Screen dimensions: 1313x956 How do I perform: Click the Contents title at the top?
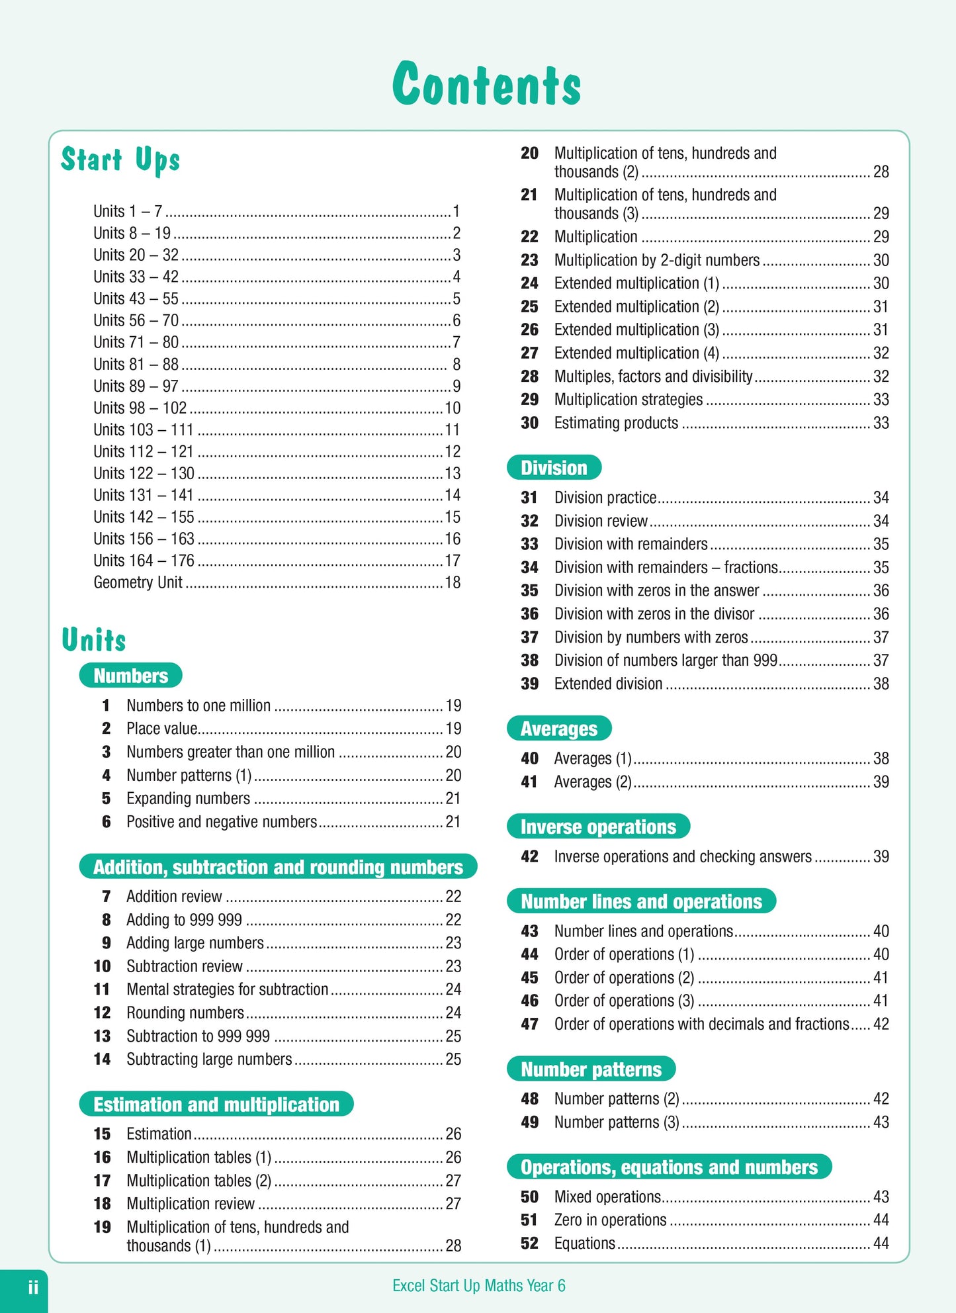tap(486, 84)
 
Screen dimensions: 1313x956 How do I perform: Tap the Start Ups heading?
tap(120, 160)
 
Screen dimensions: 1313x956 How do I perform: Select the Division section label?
tap(554, 468)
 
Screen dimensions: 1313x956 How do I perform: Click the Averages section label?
tap(559, 729)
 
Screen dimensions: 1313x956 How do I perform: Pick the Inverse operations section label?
tap(598, 827)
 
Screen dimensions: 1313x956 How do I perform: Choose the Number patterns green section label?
tap(591, 1069)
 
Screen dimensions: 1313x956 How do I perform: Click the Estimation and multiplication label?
tap(216, 1104)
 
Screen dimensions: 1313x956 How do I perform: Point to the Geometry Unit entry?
tap(138, 582)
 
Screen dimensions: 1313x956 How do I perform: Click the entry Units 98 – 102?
tap(140, 408)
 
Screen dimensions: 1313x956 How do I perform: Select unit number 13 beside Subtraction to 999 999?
tap(102, 1036)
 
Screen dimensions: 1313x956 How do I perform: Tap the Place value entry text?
tap(162, 729)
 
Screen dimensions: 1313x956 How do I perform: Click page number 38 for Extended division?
tap(881, 684)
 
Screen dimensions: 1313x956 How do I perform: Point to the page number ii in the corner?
tap(33, 1287)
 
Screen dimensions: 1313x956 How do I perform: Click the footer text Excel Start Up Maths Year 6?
tap(479, 1286)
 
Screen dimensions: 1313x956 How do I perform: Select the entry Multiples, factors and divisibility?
tap(653, 377)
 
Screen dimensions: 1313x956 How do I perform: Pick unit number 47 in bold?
tap(529, 1024)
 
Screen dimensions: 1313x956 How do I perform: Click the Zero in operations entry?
tap(610, 1220)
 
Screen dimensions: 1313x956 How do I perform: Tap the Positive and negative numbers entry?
tap(222, 822)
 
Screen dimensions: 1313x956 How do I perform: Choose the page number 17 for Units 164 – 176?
tap(453, 561)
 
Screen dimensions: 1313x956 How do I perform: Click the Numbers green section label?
tap(131, 675)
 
